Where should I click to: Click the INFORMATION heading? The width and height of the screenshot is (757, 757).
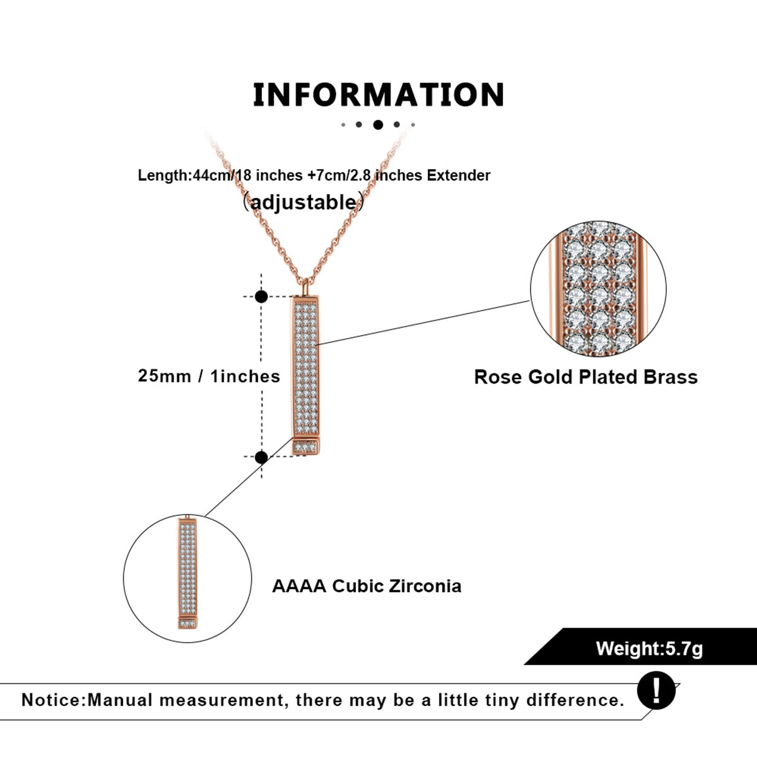(378, 95)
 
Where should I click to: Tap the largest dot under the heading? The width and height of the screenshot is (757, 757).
(378, 124)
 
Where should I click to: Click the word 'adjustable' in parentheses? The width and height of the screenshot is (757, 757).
(304, 202)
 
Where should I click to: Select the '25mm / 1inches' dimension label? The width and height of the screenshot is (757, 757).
(209, 376)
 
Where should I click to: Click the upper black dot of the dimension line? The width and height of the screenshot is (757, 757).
(261, 296)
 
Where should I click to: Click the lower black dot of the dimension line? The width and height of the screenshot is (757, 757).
(261, 457)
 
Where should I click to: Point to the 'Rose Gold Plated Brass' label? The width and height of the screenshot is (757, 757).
(585, 377)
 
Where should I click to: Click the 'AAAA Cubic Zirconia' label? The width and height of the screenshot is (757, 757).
(367, 586)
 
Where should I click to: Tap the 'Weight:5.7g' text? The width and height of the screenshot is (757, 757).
(649, 648)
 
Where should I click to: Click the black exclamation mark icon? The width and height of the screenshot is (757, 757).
(656, 691)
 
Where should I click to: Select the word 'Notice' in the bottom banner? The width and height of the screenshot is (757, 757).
(52, 700)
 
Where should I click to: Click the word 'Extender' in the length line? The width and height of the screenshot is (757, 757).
(458, 175)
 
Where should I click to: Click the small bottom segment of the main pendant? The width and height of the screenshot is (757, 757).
(305, 447)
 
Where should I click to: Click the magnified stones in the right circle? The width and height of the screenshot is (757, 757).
(598, 289)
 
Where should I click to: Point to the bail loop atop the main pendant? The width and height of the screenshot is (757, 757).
(305, 288)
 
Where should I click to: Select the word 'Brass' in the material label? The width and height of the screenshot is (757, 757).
(671, 377)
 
